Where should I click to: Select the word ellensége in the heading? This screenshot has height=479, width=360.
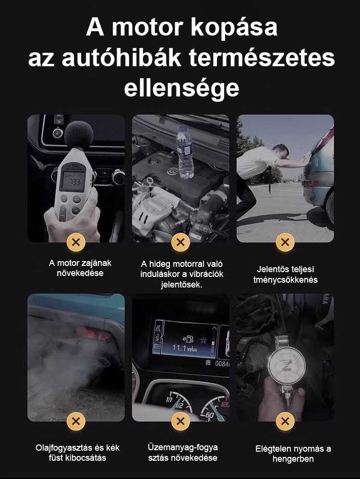181,88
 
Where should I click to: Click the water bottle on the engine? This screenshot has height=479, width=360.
185,152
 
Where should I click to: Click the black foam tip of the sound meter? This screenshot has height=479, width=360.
79,134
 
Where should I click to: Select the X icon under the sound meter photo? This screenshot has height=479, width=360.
76,242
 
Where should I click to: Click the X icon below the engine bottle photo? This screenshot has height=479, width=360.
180,242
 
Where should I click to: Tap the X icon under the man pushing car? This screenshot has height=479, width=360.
285,242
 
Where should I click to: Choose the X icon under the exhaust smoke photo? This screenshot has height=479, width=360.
76,421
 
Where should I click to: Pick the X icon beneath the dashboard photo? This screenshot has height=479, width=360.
180,421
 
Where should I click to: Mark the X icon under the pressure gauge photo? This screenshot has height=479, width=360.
285,421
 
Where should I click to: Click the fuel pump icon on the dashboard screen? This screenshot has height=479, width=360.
190,339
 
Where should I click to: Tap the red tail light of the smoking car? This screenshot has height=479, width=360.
93,334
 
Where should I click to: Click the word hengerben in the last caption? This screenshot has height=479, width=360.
293,459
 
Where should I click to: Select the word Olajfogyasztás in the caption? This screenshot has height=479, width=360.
63,448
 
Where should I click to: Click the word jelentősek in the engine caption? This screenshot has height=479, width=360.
181,285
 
